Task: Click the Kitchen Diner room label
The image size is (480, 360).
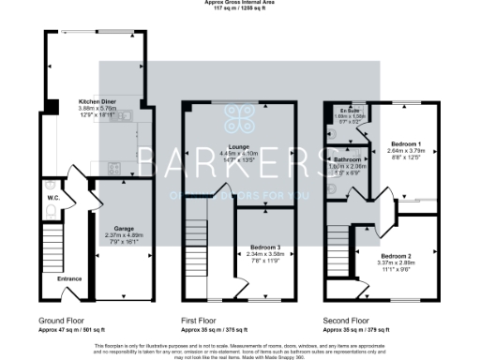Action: pyautogui.click(x=98, y=99)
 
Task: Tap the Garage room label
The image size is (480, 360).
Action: pyautogui.click(x=122, y=228)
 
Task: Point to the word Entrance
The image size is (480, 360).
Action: pyautogui.click(x=69, y=278)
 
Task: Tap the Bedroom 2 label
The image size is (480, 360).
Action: pyautogui.click(x=397, y=256)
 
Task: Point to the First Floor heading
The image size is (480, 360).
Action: pyautogui.click(x=201, y=321)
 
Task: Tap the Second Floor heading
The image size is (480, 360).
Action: pyautogui.click(x=346, y=321)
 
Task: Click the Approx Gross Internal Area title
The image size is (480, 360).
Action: pyautogui.click(x=239, y=3)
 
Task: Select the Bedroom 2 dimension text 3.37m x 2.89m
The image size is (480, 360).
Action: pyautogui.click(x=397, y=263)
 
